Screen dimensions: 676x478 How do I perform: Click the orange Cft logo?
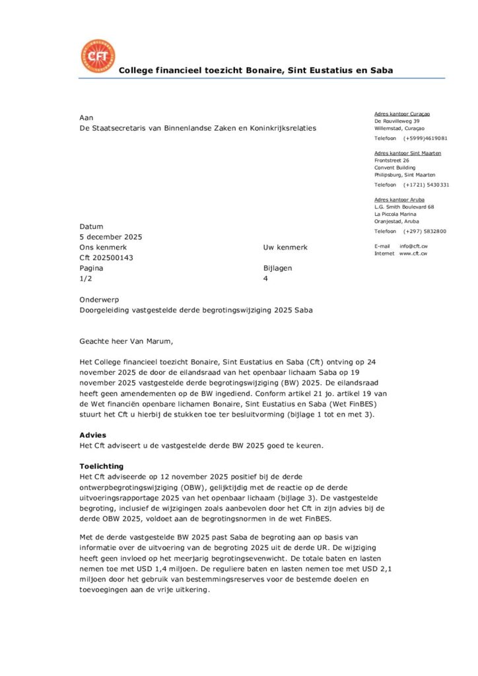(97, 56)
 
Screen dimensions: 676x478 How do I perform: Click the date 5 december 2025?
(110, 237)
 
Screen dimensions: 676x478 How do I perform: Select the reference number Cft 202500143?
(106, 257)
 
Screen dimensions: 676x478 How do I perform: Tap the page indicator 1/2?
(86, 279)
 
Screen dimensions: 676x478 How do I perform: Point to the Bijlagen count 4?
(265, 279)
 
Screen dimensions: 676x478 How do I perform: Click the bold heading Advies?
(92, 436)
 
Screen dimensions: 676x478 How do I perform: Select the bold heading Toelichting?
(101, 466)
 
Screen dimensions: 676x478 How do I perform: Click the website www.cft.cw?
(413, 253)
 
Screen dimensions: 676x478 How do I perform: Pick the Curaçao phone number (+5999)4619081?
(425, 138)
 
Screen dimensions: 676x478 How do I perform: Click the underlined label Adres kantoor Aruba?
(399, 199)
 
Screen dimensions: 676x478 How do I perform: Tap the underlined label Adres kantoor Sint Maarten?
(407, 152)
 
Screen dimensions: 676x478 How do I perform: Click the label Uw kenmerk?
(285, 248)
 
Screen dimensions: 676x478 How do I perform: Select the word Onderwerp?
(99, 299)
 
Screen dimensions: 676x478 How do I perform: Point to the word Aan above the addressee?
(86, 117)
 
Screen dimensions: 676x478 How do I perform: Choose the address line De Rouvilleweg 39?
(397, 121)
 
